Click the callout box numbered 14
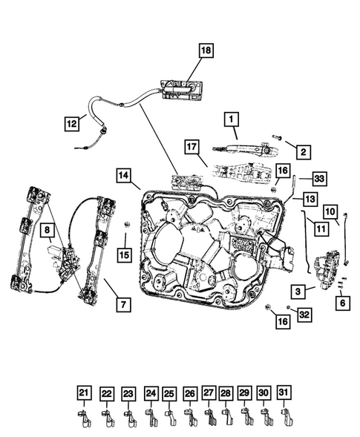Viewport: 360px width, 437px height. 124,176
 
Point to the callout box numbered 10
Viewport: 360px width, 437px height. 330,211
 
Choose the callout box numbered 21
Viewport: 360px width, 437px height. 84,393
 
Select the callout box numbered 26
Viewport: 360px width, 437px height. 190,393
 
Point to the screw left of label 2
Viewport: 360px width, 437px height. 276,137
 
